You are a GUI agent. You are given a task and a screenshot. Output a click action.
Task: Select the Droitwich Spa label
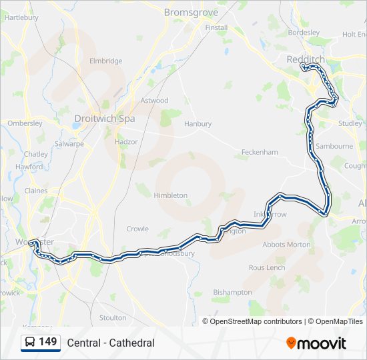click(104, 119)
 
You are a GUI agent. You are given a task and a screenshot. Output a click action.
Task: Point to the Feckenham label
click(260, 152)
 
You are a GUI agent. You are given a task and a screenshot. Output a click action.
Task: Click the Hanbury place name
click(198, 123)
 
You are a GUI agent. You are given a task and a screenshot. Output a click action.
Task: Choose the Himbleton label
click(171, 195)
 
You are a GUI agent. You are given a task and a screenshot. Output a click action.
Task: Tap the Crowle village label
click(137, 229)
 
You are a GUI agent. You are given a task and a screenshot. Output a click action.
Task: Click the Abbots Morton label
click(286, 245)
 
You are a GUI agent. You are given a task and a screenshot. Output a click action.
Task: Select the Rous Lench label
click(267, 267)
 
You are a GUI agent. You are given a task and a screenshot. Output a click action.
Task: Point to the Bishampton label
click(232, 292)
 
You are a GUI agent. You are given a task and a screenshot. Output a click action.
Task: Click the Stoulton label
click(112, 318)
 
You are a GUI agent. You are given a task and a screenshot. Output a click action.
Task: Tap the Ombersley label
click(25, 123)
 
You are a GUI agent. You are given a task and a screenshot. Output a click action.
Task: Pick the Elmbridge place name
click(105, 61)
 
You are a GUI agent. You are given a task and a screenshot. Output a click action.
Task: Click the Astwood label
click(154, 101)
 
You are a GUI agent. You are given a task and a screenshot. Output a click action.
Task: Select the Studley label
click(350, 123)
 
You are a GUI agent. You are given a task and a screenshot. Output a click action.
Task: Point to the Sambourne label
click(334, 146)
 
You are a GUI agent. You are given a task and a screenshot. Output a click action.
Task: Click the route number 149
click(48, 342)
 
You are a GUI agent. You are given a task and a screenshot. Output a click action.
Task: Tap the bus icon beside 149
click(31, 343)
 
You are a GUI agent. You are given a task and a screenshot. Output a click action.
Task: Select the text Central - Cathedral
click(111, 343)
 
